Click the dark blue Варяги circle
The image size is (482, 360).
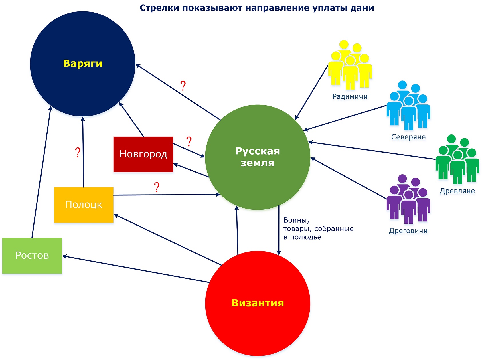[82, 64]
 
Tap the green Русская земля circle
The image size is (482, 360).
[258, 157]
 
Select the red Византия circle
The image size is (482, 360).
[258, 303]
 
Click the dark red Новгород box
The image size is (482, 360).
[143, 154]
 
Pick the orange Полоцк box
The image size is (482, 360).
[84, 205]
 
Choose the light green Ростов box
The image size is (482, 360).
[32, 255]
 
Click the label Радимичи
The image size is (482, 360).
[350, 97]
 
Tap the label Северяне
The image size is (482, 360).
[408, 137]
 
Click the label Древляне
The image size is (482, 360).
[457, 191]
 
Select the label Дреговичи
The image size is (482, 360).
[408, 231]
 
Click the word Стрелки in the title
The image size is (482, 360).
[159, 8]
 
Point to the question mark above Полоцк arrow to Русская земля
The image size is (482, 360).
[157, 187]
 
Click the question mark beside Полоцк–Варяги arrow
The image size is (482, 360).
[78, 153]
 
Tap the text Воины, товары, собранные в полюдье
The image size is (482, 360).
[318, 229]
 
